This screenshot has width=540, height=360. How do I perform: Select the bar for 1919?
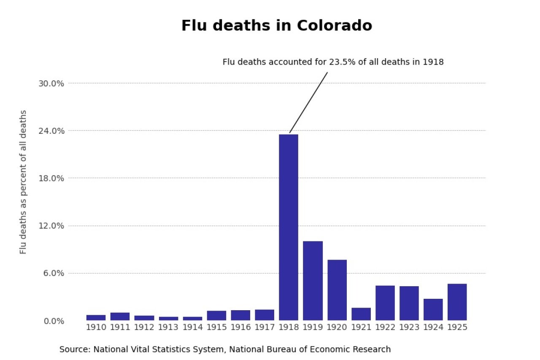click(313, 281)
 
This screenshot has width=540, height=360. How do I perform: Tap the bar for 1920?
click(337, 290)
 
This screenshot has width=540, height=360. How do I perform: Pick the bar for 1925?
click(457, 302)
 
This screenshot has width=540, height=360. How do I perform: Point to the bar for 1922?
click(385, 303)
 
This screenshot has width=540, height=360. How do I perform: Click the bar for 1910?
click(96, 317)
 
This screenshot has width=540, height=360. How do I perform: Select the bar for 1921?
click(361, 314)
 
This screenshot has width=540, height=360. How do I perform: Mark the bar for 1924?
click(433, 309)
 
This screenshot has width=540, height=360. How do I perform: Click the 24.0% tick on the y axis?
click(51, 131)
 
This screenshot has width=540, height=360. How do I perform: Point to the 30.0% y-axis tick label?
click(51, 83)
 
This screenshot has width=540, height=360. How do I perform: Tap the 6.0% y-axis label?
click(53, 273)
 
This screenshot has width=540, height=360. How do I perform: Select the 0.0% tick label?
click(53, 321)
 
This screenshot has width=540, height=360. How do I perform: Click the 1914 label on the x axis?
click(192, 328)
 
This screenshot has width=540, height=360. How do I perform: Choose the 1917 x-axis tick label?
click(265, 328)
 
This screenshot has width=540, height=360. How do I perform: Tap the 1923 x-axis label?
click(409, 328)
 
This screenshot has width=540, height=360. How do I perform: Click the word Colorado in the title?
click(334, 26)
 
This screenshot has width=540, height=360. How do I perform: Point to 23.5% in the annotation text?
click(338, 62)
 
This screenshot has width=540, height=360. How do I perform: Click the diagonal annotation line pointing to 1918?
click(308, 103)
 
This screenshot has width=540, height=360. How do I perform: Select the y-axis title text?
click(23, 182)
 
